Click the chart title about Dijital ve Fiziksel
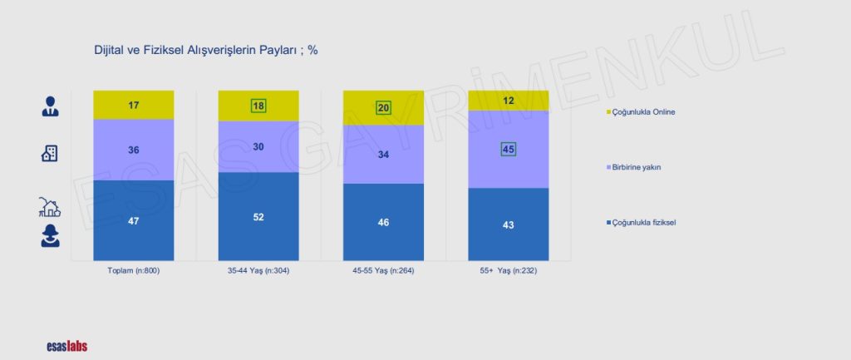205,50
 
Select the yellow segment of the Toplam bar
133,105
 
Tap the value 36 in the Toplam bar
133,150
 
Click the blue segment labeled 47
133,221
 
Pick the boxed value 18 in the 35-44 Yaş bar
258,106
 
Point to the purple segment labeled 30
258,146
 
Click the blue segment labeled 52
258,217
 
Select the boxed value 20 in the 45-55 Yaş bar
383,108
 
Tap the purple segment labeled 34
383,154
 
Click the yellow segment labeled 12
509,101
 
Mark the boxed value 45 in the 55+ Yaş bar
509,150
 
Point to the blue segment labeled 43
509,224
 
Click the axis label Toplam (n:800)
133,271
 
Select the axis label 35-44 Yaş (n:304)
258,271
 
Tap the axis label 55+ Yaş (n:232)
509,271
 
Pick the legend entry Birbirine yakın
639,167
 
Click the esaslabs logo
66,346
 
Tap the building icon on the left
50,153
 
